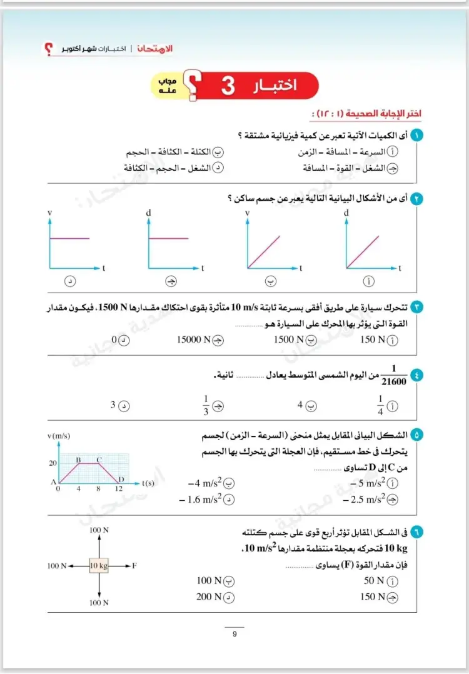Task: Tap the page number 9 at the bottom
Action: pos(234,635)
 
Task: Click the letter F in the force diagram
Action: pos(134,566)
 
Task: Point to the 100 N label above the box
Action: pos(99,530)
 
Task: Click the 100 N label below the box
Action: pos(99,602)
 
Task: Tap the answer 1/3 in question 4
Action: pos(205,405)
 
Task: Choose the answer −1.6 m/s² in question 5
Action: pos(201,500)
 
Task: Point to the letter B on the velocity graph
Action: pos(79,460)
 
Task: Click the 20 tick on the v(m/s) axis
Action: pos(53,463)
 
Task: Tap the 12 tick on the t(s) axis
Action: pos(119,490)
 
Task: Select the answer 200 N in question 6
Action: pos(209,596)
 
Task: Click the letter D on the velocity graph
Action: pos(121,479)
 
